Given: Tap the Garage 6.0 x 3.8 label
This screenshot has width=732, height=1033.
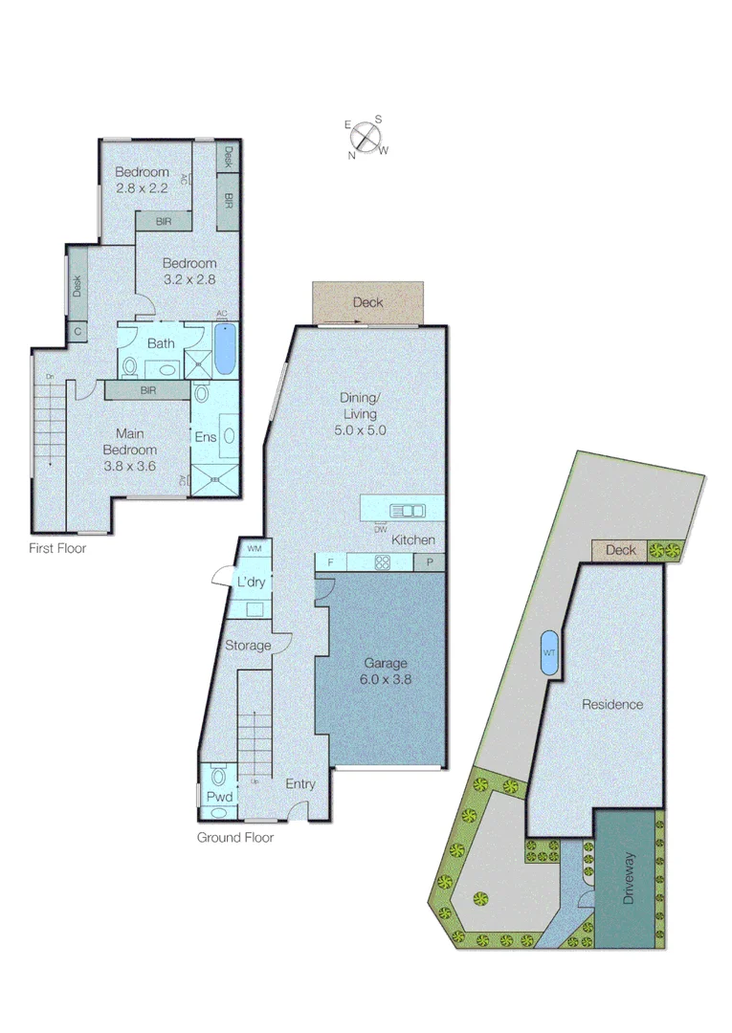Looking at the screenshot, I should tap(386, 671).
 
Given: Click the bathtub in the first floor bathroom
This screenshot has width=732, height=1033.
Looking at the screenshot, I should tap(224, 349).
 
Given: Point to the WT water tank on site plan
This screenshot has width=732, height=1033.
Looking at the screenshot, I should tap(549, 653).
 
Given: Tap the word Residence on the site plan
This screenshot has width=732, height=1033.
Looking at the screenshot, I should tap(612, 705).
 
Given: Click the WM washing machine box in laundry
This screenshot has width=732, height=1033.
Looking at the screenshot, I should tap(255, 549).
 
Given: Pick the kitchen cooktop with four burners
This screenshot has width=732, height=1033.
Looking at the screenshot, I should tap(382, 562).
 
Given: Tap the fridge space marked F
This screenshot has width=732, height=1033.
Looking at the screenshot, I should tap(331, 562).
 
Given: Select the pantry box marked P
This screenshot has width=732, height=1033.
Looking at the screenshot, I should tap(430, 562).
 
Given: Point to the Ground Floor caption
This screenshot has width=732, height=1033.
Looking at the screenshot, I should tap(235, 838).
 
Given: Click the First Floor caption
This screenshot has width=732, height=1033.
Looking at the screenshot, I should tap(58, 549).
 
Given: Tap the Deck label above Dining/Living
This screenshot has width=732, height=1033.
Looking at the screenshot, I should tap(367, 302).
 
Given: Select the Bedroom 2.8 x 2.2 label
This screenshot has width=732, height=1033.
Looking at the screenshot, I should tap(142, 180).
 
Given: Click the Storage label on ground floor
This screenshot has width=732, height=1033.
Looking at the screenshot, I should tap(248, 646).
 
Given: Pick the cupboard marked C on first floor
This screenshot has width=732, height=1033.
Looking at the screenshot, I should tap(77, 332).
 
